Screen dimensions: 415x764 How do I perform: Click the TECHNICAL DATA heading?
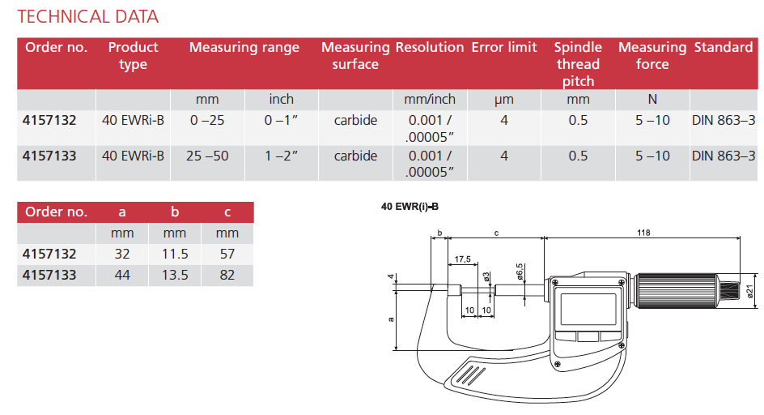(87, 16)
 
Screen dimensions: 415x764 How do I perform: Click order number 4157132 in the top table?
(51, 121)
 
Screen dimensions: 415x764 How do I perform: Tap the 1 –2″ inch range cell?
(281, 156)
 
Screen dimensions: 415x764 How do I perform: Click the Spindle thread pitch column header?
(578, 64)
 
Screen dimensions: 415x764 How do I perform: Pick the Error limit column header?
(503, 48)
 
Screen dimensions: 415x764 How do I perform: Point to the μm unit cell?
(503, 100)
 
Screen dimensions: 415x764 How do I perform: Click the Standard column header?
(723, 48)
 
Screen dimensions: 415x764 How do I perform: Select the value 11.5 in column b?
(175, 254)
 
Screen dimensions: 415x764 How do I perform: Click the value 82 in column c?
(227, 275)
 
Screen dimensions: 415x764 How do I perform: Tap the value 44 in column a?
(122, 275)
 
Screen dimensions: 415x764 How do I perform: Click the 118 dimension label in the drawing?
(643, 233)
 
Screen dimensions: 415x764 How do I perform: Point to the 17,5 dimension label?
(463, 259)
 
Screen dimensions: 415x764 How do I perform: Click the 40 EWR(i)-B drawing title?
(410, 207)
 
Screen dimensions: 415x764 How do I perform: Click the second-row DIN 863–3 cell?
(723, 156)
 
